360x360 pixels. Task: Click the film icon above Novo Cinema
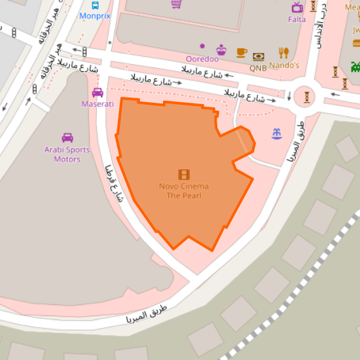(x=184, y=174)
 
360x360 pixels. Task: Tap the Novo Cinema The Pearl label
(x=184, y=190)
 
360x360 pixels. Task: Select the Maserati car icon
(x=98, y=92)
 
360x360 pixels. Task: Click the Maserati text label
(x=98, y=103)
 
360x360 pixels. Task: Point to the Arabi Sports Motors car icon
(x=67, y=137)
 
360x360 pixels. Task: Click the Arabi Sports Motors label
(x=67, y=154)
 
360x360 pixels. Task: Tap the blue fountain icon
(x=277, y=134)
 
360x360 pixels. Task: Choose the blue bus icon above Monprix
(x=96, y=5)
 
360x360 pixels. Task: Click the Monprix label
(x=96, y=15)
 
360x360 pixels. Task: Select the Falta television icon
(x=297, y=7)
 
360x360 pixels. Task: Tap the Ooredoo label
(x=202, y=59)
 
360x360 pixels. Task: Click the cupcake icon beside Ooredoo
(x=221, y=50)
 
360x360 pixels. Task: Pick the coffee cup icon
(x=242, y=52)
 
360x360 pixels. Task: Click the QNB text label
(x=258, y=67)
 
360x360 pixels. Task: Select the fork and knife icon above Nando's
(x=283, y=52)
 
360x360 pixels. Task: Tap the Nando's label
(x=284, y=65)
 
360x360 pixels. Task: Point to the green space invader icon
(x=355, y=65)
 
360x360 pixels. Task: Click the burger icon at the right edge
(x=356, y=43)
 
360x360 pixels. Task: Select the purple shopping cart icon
(x=176, y=4)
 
